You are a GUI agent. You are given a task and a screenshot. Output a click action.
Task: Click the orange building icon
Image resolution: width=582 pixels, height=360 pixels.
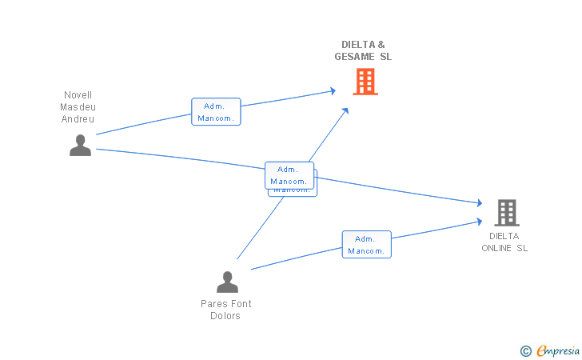point(365,82)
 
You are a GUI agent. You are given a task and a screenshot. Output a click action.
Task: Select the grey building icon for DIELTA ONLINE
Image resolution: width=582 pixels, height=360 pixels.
point(506,213)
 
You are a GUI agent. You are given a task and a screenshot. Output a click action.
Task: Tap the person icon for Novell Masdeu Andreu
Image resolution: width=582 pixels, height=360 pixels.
point(80,146)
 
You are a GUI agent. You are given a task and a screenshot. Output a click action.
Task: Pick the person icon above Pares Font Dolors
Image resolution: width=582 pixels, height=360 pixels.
point(228,282)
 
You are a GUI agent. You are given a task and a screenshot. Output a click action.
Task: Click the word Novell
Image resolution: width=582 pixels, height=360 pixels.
point(78,94)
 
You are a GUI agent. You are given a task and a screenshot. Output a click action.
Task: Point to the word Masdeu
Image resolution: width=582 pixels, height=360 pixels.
point(78,106)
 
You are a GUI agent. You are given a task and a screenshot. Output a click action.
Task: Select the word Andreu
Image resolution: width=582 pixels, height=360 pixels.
point(78,119)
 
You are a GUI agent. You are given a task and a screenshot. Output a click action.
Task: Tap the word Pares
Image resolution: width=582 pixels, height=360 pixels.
point(214,304)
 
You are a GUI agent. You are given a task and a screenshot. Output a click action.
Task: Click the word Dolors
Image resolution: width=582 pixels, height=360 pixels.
point(225,316)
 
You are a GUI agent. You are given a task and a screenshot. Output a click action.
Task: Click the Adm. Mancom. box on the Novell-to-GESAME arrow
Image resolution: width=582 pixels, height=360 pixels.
point(216,112)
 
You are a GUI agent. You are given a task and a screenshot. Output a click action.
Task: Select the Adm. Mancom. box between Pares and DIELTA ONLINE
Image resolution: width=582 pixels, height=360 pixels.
point(367,245)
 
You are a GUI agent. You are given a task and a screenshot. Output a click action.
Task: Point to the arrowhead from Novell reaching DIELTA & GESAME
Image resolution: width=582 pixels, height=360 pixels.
point(333,91)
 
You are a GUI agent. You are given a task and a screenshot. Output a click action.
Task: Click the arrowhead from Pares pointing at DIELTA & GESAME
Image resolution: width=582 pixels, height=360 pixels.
point(345,110)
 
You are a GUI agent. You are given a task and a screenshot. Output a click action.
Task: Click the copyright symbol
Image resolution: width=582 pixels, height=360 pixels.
point(525,350)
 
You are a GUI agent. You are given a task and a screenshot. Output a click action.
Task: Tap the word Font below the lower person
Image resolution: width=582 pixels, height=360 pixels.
point(242,304)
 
